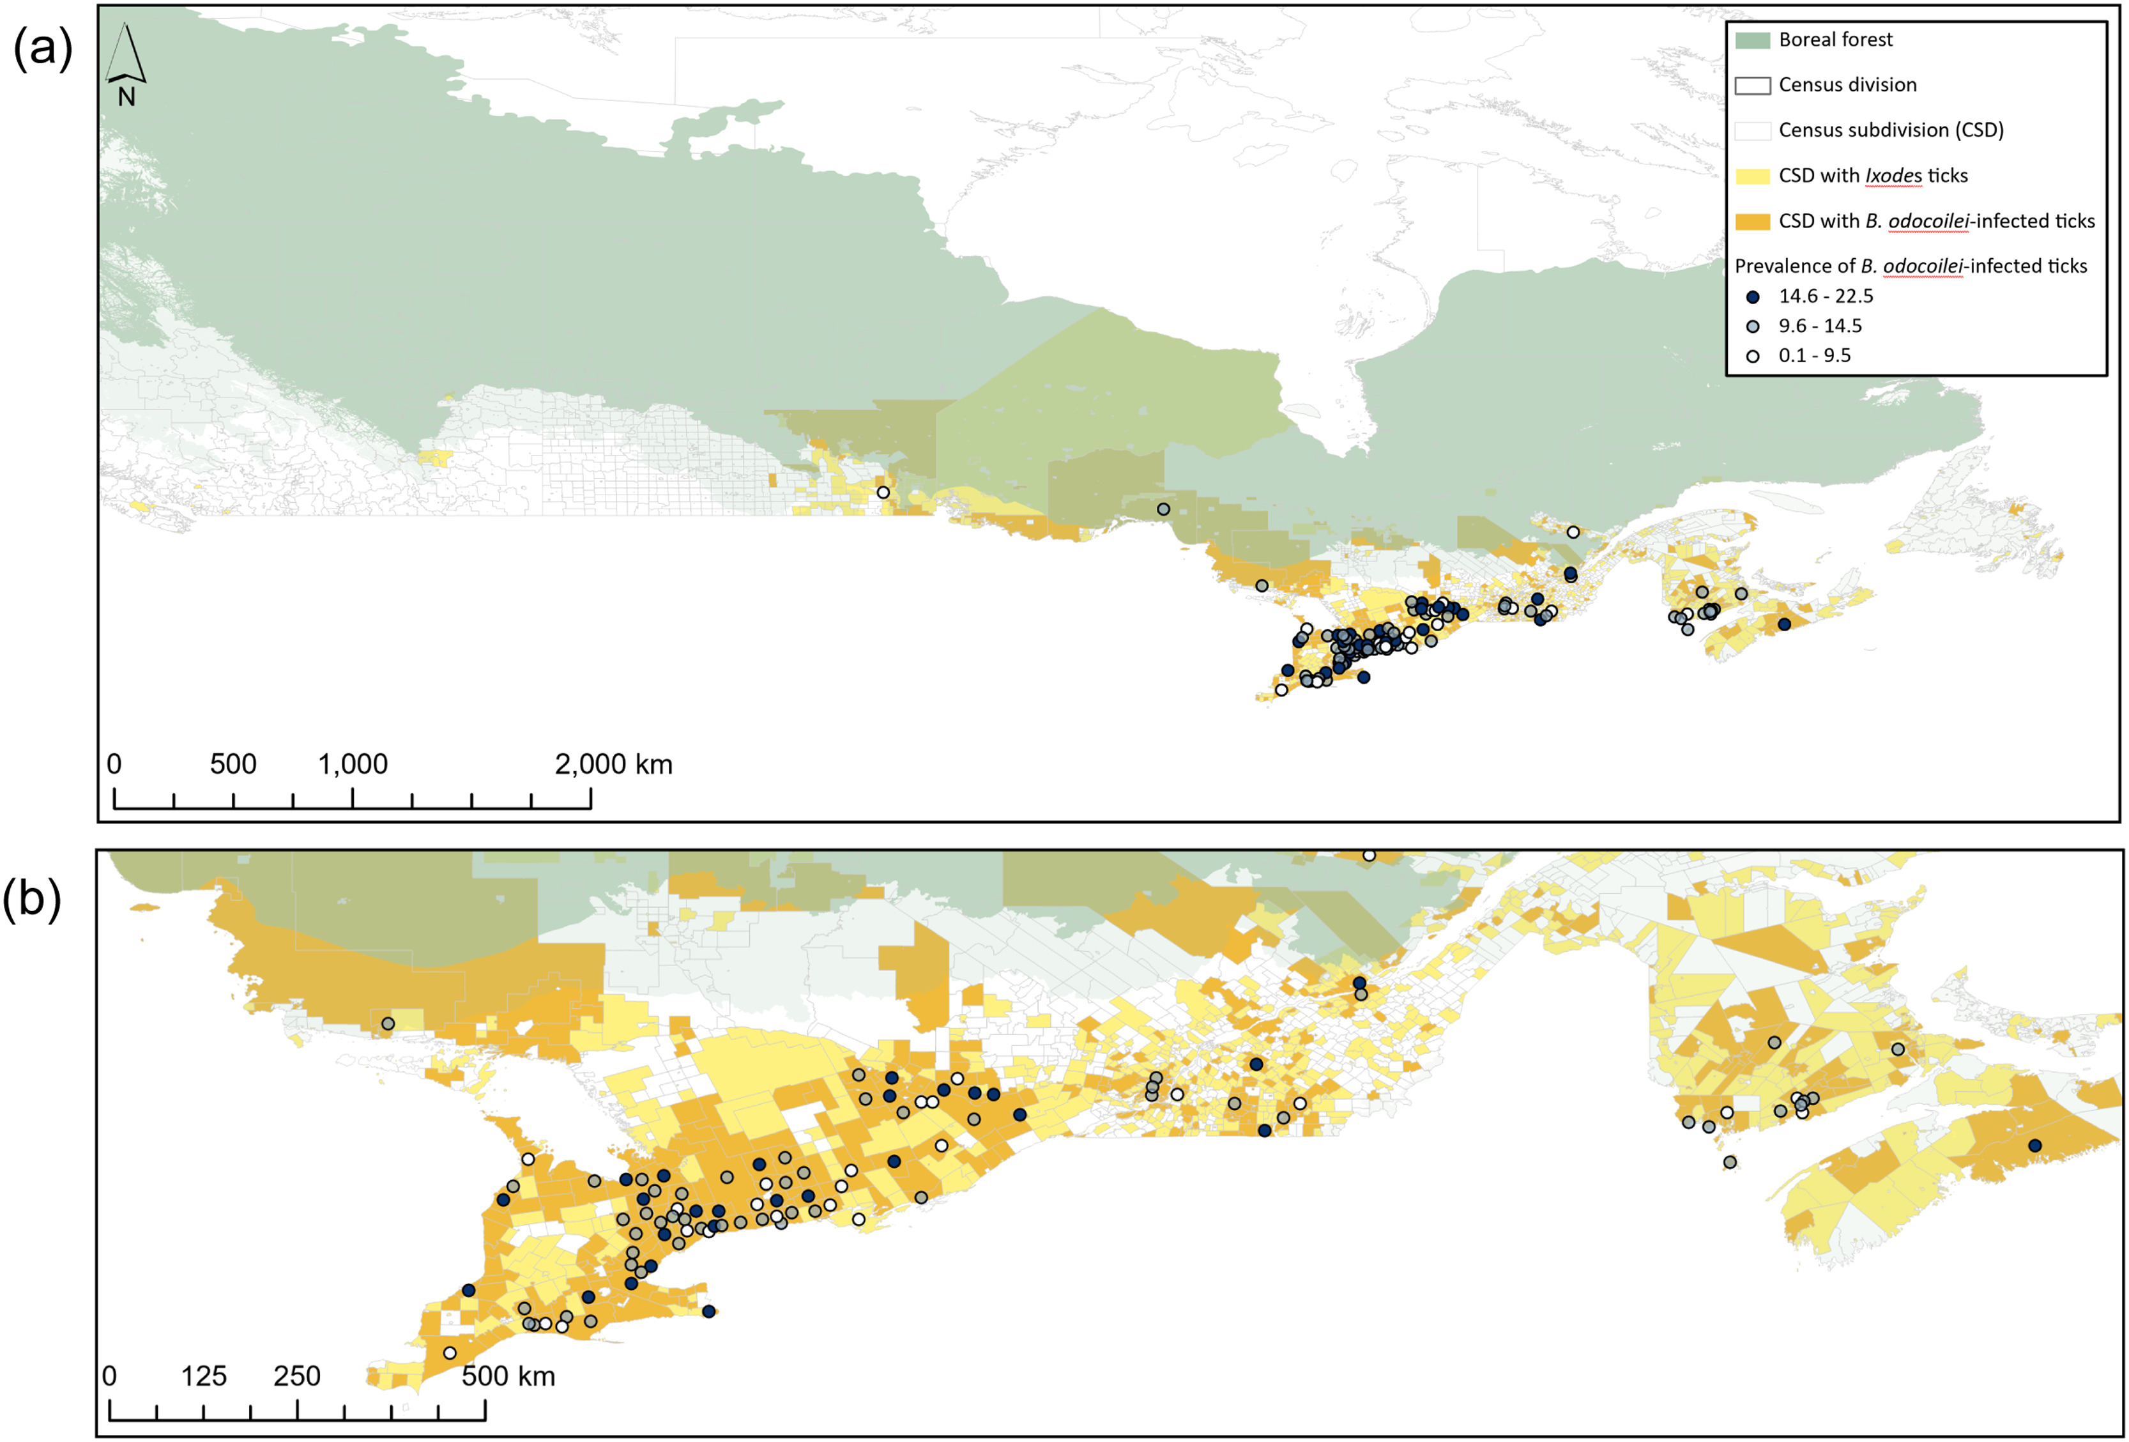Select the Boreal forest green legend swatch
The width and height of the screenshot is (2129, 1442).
(x=1751, y=40)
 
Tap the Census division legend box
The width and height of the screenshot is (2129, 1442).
(x=1751, y=85)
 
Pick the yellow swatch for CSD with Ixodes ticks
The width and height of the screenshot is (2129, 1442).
(x=1751, y=176)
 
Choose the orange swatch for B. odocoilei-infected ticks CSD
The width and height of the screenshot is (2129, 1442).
(x=1751, y=222)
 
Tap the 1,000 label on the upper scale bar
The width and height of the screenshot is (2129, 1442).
(x=353, y=764)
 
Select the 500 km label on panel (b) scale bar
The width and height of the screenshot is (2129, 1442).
(x=508, y=1376)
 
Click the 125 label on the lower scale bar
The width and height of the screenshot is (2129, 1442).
(x=203, y=1376)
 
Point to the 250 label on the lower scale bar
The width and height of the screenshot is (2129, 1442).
(x=297, y=1376)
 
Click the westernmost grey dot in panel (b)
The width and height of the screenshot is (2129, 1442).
(x=388, y=1024)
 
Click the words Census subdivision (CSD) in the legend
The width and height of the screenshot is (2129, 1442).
(x=1891, y=130)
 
